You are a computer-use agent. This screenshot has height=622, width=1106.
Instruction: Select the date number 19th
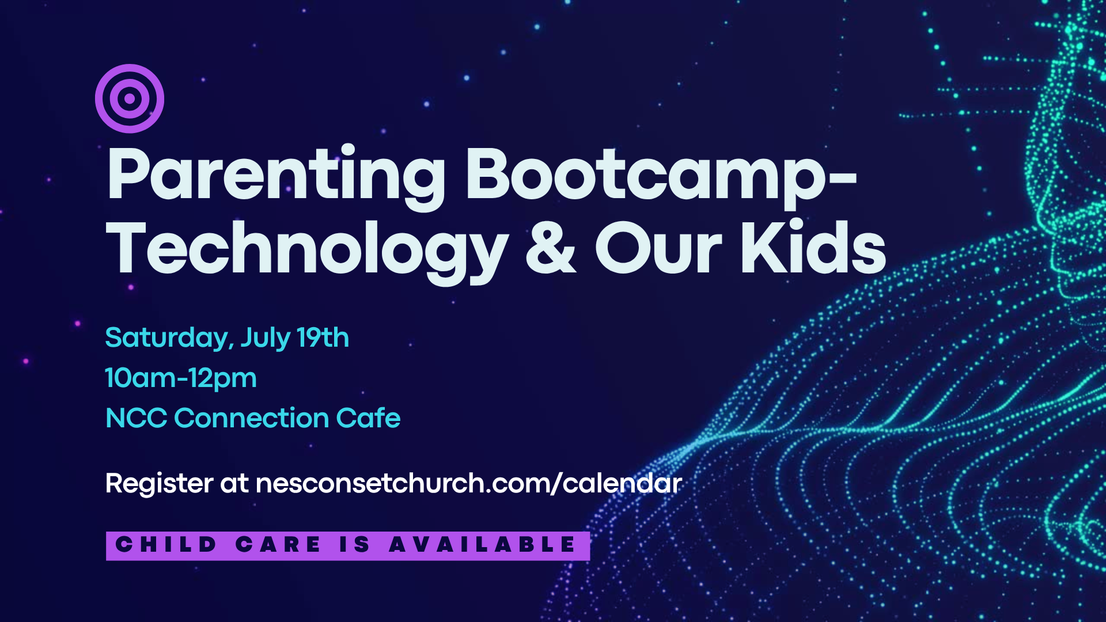323,337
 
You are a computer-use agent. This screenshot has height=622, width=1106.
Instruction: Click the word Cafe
368,418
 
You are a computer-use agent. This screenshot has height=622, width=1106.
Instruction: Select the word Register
159,484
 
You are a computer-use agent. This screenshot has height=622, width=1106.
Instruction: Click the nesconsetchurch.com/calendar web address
469,483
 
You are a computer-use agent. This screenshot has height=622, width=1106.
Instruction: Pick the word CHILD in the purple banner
166,544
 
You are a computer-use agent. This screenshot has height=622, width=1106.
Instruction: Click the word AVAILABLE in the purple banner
482,544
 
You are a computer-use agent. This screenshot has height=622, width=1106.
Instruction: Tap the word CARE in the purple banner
278,544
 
